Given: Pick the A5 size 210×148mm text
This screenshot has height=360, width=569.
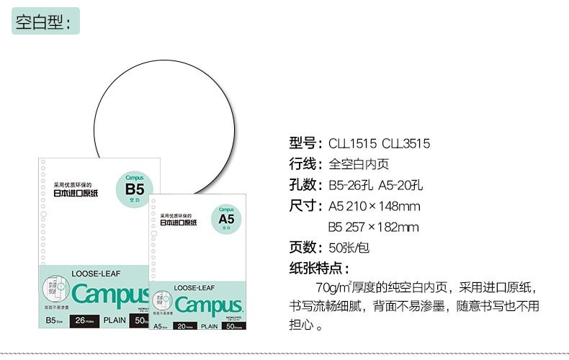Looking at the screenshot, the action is [374, 207].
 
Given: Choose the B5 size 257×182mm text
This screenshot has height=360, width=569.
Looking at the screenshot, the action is [374, 228].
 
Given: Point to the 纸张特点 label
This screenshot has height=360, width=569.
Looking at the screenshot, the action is [319, 269].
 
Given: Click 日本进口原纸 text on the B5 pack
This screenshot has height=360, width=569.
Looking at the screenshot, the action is [76, 193].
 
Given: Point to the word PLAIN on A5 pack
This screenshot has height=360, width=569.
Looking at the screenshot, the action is [210, 327].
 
